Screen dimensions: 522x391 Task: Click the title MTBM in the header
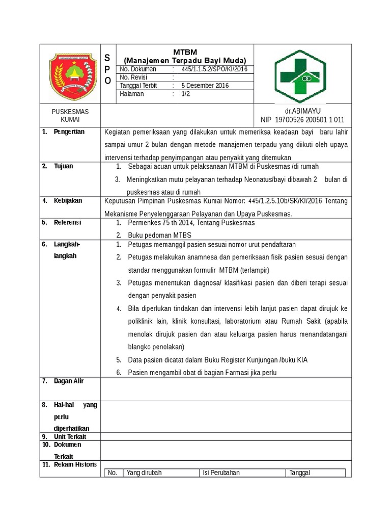coord(185,52)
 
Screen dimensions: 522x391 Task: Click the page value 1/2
coord(185,94)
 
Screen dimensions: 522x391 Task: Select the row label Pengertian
coord(69,132)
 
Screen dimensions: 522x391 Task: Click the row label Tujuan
coord(64,166)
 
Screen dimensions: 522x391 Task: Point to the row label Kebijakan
coord(68,200)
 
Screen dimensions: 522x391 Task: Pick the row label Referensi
coord(68,222)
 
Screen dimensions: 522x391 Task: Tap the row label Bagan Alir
coord(69,381)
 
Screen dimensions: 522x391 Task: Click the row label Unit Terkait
coord(70,437)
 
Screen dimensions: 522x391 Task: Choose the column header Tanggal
coord(300,473)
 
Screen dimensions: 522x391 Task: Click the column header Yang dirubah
coord(144,473)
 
